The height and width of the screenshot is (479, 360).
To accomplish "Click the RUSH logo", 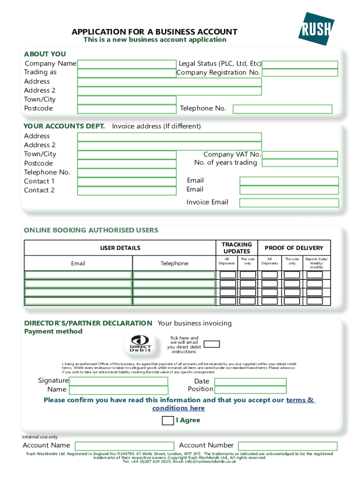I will click(317, 29).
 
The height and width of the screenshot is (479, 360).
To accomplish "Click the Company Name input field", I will click(126, 64).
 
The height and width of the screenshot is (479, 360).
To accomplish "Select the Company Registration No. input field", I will click(300, 73).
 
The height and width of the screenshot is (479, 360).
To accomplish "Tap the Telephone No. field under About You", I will click(282, 109).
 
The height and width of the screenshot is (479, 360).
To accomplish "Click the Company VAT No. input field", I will click(300, 155).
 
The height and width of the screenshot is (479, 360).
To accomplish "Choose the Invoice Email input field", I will click(289, 203).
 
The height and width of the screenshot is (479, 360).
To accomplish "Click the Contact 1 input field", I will click(126, 181).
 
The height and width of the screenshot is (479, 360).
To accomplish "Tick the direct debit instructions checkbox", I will click(212, 344).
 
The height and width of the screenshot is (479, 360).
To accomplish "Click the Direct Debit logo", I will click(140, 344).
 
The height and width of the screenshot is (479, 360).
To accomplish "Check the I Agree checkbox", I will click(167, 421).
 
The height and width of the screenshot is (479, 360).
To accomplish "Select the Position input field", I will click(250, 390).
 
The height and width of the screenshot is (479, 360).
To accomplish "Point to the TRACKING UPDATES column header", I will click(237, 248).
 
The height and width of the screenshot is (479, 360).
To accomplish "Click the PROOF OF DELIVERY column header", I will click(294, 248).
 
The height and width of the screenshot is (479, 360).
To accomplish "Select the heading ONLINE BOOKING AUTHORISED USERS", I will click(91, 230).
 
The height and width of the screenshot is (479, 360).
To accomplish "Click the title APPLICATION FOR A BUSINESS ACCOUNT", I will click(154, 32).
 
